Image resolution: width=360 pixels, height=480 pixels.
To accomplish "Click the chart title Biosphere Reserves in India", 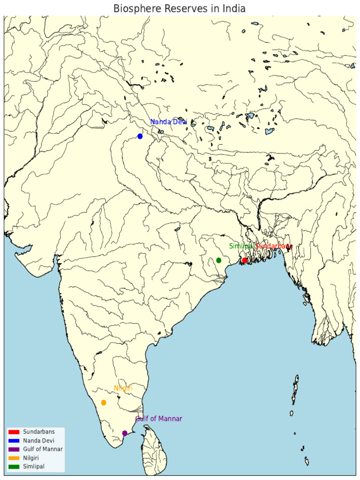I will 180,9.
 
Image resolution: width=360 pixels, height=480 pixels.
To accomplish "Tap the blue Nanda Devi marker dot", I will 140,136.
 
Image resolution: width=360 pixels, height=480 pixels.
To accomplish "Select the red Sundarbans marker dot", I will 244,261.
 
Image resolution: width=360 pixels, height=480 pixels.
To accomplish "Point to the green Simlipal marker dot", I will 219,260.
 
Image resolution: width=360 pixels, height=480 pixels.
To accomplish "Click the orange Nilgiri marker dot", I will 104,403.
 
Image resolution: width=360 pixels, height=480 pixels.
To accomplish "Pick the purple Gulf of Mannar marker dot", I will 125,433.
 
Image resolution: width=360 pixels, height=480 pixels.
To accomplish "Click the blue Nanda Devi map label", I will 169,122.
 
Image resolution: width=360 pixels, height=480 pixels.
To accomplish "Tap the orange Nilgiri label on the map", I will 123,389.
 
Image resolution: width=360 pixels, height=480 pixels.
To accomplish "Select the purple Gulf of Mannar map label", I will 159,419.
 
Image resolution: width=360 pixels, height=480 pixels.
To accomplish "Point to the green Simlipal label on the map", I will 241,246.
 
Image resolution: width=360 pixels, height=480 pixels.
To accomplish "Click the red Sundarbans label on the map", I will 274,246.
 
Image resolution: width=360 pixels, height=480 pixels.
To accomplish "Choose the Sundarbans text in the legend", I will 39,432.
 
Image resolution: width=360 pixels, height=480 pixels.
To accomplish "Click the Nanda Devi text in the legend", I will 39,441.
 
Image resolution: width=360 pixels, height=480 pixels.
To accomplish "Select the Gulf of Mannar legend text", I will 43,449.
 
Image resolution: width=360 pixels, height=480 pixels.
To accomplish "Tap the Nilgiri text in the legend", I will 32,458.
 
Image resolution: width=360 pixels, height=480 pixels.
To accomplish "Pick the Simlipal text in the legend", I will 34,466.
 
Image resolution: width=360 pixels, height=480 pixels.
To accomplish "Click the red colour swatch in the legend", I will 14,432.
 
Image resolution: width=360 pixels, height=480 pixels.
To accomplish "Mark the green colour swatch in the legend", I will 14,466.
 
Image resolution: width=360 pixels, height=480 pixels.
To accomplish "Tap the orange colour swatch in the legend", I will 14,458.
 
